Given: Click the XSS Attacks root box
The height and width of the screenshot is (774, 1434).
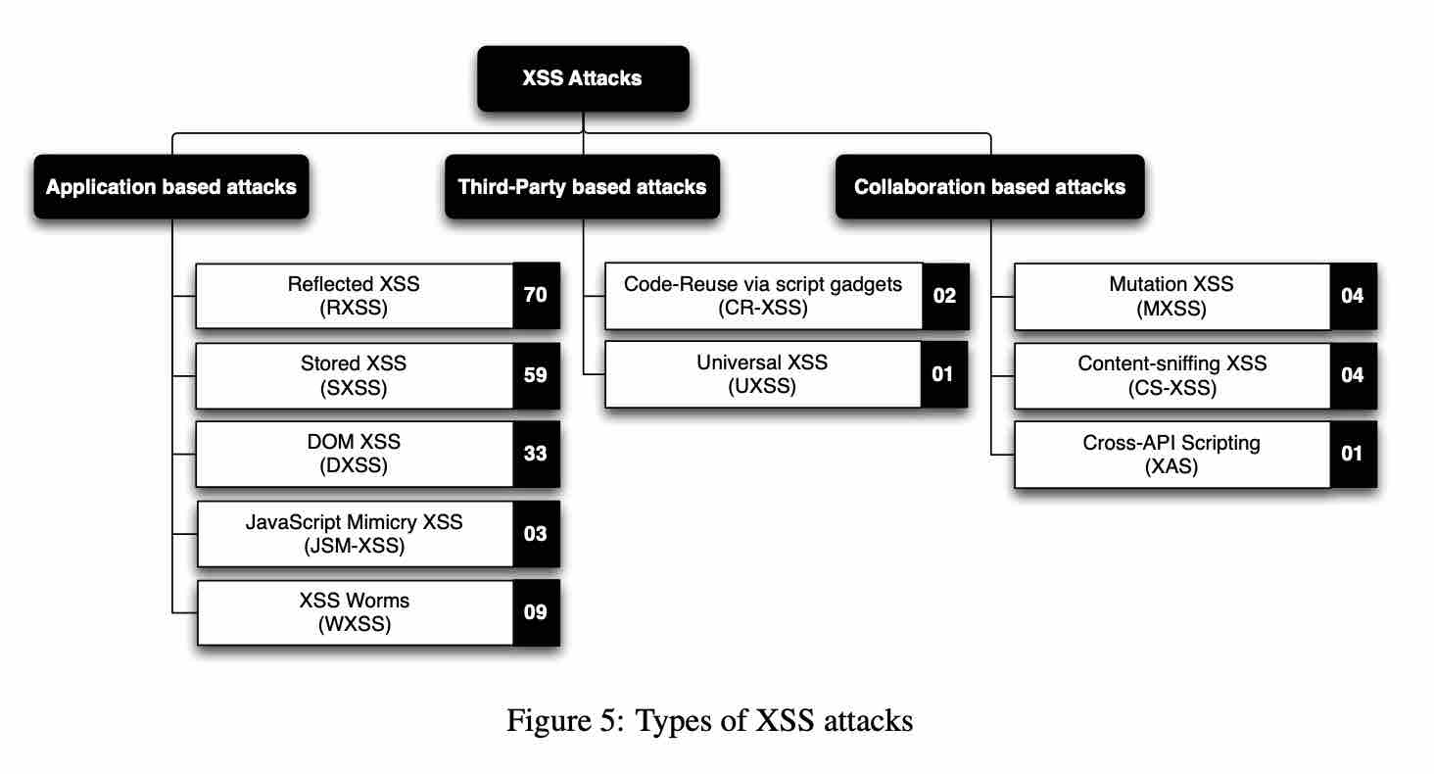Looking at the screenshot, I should click(x=583, y=78).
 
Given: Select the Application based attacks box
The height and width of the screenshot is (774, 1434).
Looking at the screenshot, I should click(x=171, y=186).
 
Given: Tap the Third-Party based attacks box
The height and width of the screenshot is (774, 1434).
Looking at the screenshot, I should click(x=583, y=186).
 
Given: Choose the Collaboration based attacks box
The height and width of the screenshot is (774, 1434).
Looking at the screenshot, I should click(x=989, y=186).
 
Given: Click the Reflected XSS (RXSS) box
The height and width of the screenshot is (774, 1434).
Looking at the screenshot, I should click(x=355, y=295).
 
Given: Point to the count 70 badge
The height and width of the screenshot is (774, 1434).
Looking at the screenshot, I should click(x=536, y=295).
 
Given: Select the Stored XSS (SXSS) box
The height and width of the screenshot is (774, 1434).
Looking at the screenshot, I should click(x=355, y=375).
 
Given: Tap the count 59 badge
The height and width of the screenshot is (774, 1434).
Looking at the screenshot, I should click(x=536, y=375).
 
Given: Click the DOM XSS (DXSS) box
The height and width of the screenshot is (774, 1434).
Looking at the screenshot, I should click(x=355, y=454).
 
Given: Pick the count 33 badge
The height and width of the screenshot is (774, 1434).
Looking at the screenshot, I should click(x=536, y=454).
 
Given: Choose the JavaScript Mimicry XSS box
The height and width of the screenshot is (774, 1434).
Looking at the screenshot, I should click(x=355, y=534).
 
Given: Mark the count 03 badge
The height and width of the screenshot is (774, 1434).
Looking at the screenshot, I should click(x=536, y=534).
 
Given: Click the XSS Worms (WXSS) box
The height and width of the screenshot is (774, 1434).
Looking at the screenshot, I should click(x=355, y=612).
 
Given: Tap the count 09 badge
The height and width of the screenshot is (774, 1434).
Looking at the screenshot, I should click(x=536, y=612).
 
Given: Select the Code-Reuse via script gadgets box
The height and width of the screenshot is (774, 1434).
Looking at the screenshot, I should click(x=764, y=295).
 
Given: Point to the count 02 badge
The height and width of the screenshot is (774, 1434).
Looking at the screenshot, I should click(x=944, y=295).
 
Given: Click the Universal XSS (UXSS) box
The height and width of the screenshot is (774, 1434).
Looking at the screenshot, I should click(x=764, y=373).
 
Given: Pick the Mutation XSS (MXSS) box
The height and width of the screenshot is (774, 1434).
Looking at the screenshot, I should click(x=1172, y=295).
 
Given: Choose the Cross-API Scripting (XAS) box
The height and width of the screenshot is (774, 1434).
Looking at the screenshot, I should click(x=1172, y=454).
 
